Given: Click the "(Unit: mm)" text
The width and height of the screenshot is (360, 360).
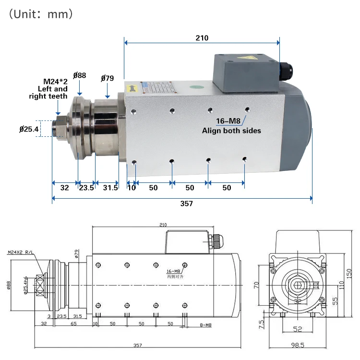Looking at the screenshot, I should coord(41,14).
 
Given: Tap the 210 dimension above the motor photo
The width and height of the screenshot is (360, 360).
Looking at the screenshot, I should coord(202,38).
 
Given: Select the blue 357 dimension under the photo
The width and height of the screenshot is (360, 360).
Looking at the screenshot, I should coord(186,204).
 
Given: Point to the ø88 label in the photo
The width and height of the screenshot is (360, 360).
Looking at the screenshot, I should coord(80,75).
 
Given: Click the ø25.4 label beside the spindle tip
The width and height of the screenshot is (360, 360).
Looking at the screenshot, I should coord(29,129).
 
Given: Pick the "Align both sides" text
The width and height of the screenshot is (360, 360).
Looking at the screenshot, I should coord(231,131).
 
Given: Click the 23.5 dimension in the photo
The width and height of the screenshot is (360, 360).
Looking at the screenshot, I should coord(86,188).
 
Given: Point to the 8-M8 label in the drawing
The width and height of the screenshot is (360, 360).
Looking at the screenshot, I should coord(205,325).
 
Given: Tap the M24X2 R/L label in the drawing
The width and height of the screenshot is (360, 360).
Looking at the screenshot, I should coord(20,252).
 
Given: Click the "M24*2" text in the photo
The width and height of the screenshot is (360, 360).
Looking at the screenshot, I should coord(55,81).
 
